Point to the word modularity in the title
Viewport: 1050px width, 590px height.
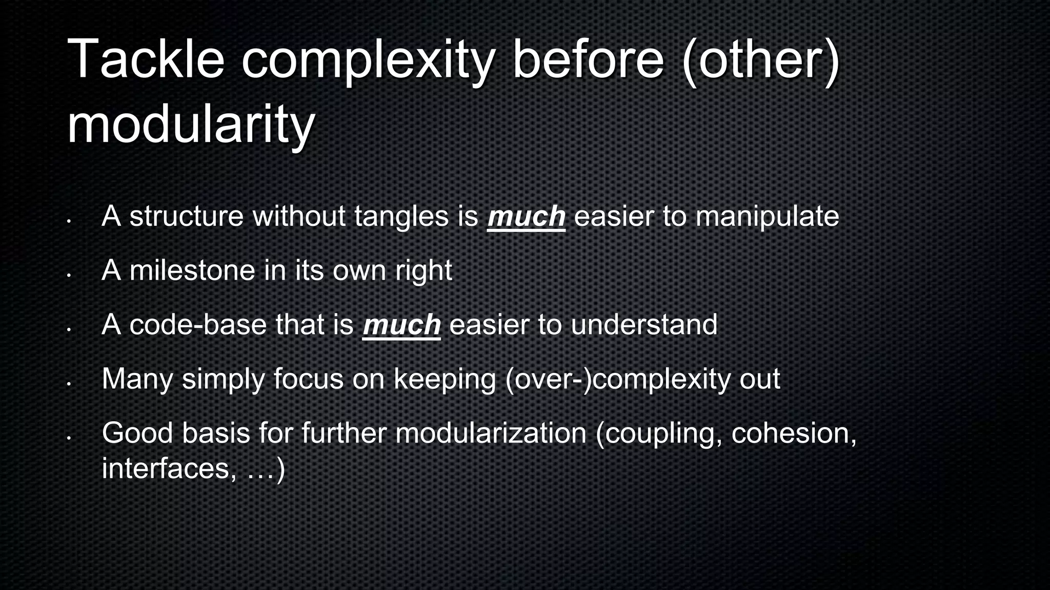(191, 125)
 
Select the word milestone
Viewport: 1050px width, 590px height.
(192, 270)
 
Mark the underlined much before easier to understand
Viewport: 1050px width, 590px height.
(401, 325)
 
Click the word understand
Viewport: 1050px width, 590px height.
(644, 325)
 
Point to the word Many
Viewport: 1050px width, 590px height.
(137, 380)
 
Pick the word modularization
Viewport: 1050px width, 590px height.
(491, 433)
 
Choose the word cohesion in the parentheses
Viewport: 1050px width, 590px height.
(793, 434)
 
